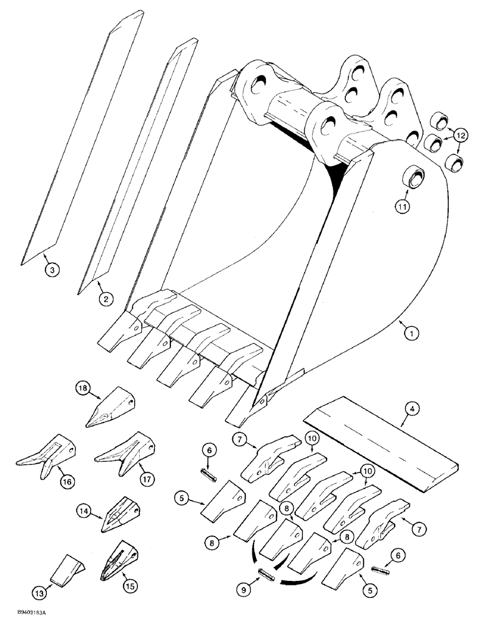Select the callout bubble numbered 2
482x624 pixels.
point(106,299)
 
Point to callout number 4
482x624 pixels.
point(411,411)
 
